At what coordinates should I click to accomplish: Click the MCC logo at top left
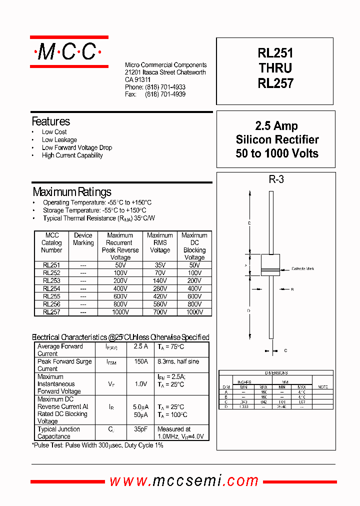[x=69, y=51]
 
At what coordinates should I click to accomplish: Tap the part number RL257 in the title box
[x=275, y=84]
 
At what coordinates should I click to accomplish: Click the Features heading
[x=50, y=121]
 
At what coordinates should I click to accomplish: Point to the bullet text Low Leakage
[x=59, y=140]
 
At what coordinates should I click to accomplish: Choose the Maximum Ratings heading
[x=72, y=192]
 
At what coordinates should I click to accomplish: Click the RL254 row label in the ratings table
[x=51, y=288]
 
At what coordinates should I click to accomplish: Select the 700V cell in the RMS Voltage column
[x=160, y=312]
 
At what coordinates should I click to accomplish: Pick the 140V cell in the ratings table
[x=160, y=281]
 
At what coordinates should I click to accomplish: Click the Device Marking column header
[x=83, y=239]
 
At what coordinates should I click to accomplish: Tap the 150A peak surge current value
[x=140, y=361]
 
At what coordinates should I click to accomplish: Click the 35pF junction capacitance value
[x=140, y=429]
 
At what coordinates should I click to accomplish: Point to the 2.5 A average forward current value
[x=140, y=346]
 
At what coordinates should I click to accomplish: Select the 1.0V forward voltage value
[x=140, y=384]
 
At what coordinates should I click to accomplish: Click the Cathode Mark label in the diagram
[x=302, y=269]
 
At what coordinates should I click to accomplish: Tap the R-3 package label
[x=276, y=179]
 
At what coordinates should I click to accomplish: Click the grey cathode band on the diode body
[x=270, y=270]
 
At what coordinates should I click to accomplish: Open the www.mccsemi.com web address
[x=184, y=481]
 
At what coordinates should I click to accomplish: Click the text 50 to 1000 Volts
[x=276, y=153]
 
